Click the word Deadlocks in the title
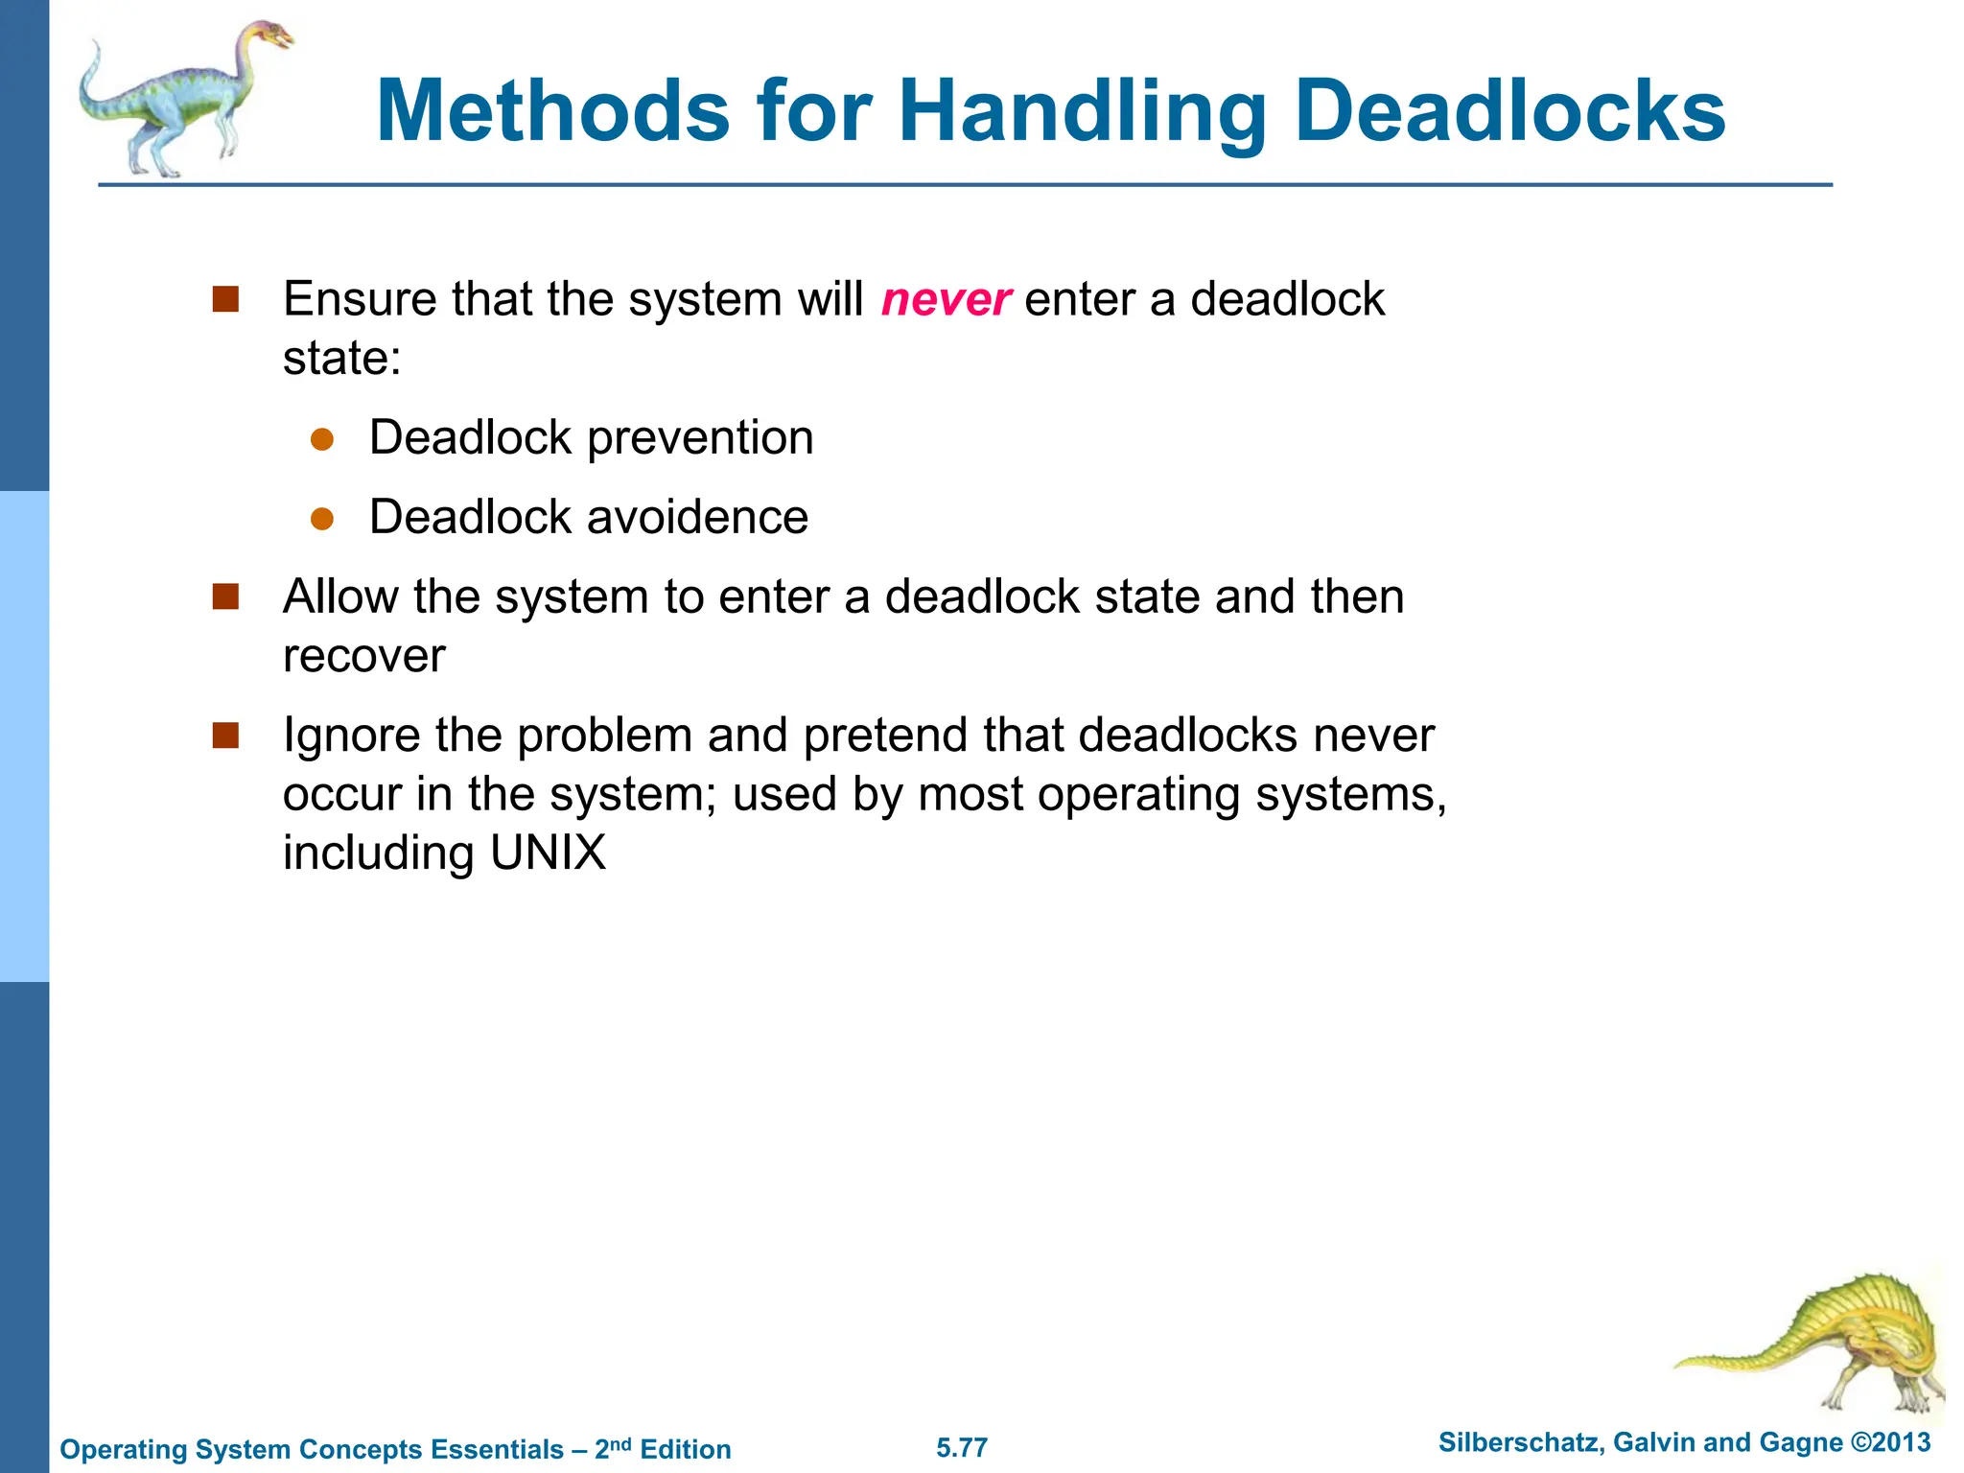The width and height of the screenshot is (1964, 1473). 1510,111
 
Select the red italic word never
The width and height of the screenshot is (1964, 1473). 946,300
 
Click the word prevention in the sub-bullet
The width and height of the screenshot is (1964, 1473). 700,439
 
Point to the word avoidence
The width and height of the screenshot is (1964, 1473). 697,518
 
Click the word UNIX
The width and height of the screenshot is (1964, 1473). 548,853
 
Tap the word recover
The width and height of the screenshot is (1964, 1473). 364,657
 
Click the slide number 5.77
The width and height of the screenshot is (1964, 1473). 962,1447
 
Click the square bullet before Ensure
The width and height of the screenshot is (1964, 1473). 225,299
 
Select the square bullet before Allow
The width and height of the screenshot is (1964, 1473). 225,597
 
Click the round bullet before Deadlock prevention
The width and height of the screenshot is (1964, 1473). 322,440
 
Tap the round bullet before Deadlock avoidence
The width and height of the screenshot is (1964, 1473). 322,520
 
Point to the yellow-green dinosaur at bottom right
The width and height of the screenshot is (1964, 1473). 1841,1343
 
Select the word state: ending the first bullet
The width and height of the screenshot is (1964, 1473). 341,360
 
